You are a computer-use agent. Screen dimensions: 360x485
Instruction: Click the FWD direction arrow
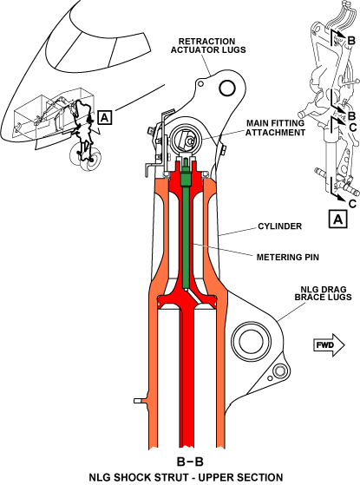pyautogui.click(x=329, y=345)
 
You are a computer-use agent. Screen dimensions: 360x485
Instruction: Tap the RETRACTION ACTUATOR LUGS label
pyautogui.click(x=208, y=45)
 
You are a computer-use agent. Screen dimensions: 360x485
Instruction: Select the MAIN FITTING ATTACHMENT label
pyautogui.click(x=275, y=128)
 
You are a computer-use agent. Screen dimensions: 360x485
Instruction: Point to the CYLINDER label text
pyautogui.click(x=280, y=226)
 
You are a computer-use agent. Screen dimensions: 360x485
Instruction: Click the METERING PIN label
pyautogui.click(x=288, y=257)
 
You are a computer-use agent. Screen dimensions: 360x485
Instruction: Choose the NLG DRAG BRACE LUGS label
pyautogui.click(x=323, y=293)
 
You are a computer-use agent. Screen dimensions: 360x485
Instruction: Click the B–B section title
pyautogui.click(x=190, y=462)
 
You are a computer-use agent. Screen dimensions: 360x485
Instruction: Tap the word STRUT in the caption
pyautogui.click(x=170, y=477)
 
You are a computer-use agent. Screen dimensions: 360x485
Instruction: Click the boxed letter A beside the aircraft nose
pyautogui.click(x=105, y=117)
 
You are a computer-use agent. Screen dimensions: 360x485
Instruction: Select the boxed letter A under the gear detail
pyautogui.click(x=338, y=219)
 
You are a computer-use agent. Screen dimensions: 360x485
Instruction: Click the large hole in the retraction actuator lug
pyautogui.click(x=227, y=88)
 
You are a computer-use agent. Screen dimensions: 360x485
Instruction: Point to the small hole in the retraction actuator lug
pyautogui.click(x=201, y=83)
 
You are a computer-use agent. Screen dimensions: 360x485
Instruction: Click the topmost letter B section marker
pyautogui.click(x=351, y=41)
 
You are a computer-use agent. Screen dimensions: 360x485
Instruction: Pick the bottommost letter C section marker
pyautogui.click(x=352, y=204)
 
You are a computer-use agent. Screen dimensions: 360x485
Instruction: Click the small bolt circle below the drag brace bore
pyautogui.click(x=279, y=370)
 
